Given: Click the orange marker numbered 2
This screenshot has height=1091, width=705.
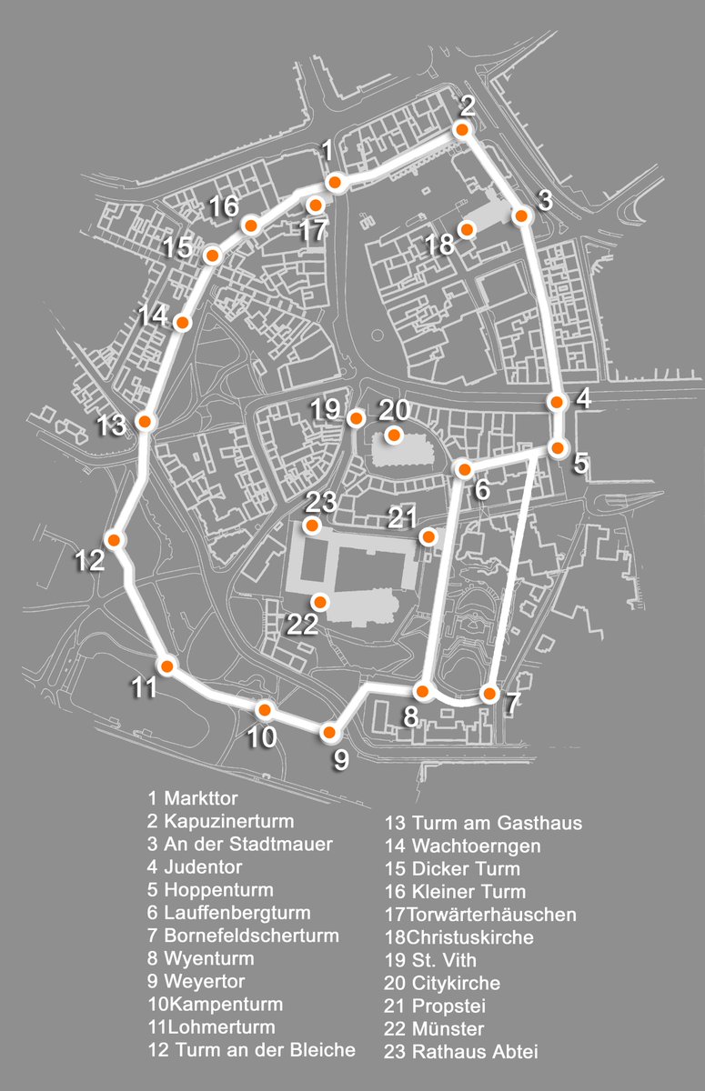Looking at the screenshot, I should click(x=462, y=130).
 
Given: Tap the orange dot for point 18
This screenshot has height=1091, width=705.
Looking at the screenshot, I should click(x=467, y=229).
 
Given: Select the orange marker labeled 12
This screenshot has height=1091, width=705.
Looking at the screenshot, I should click(x=114, y=539).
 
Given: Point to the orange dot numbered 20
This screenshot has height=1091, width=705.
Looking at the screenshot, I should click(x=393, y=435).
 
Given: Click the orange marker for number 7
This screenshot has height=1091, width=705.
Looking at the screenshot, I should click(x=488, y=695).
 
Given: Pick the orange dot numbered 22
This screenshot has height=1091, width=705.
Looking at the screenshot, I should click(x=319, y=601).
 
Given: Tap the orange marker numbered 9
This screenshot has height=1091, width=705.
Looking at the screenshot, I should click(x=330, y=731).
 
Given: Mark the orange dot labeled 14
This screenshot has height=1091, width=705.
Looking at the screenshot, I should click(x=182, y=323).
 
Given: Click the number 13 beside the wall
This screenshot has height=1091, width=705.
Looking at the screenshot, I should click(x=113, y=425).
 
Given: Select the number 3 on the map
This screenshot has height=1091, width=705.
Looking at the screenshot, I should click(x=545, y=201).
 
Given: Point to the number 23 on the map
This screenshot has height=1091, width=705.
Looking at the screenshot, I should click(x=321, y=502).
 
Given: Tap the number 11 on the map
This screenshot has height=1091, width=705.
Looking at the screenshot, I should click(x=144, y=687).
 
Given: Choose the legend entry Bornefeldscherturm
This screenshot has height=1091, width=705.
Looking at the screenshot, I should click(x=251, y=936).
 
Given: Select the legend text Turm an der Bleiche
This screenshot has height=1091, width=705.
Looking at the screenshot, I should click(x=259, y=1050).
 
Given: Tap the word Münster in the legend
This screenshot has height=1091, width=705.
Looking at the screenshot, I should click(x=448, y=1029).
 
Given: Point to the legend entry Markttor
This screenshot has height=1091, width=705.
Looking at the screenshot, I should click(x=200, y=798).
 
